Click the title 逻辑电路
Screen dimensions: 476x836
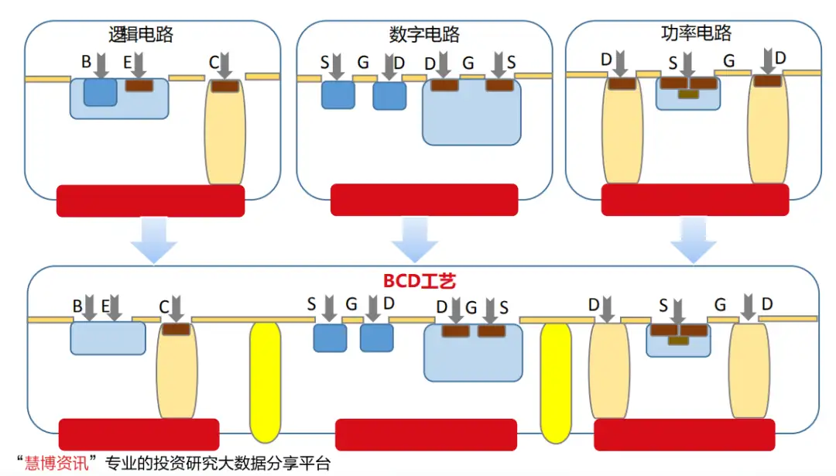[x=141, y=35]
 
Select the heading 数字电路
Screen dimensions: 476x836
[x=424, y=35]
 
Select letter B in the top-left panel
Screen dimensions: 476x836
[x=86, y=62]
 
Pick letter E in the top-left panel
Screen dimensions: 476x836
[x=128, y=62]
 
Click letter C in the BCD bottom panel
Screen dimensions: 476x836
[x=163, y=306]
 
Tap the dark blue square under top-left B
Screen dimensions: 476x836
[x=100, y=92]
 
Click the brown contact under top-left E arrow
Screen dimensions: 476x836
[x=139, y=85]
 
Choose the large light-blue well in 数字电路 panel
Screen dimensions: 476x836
[x=471, y=116]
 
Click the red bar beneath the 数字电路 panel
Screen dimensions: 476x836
[x=423, y=200]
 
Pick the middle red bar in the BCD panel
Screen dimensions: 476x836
[x=426, y=434]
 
